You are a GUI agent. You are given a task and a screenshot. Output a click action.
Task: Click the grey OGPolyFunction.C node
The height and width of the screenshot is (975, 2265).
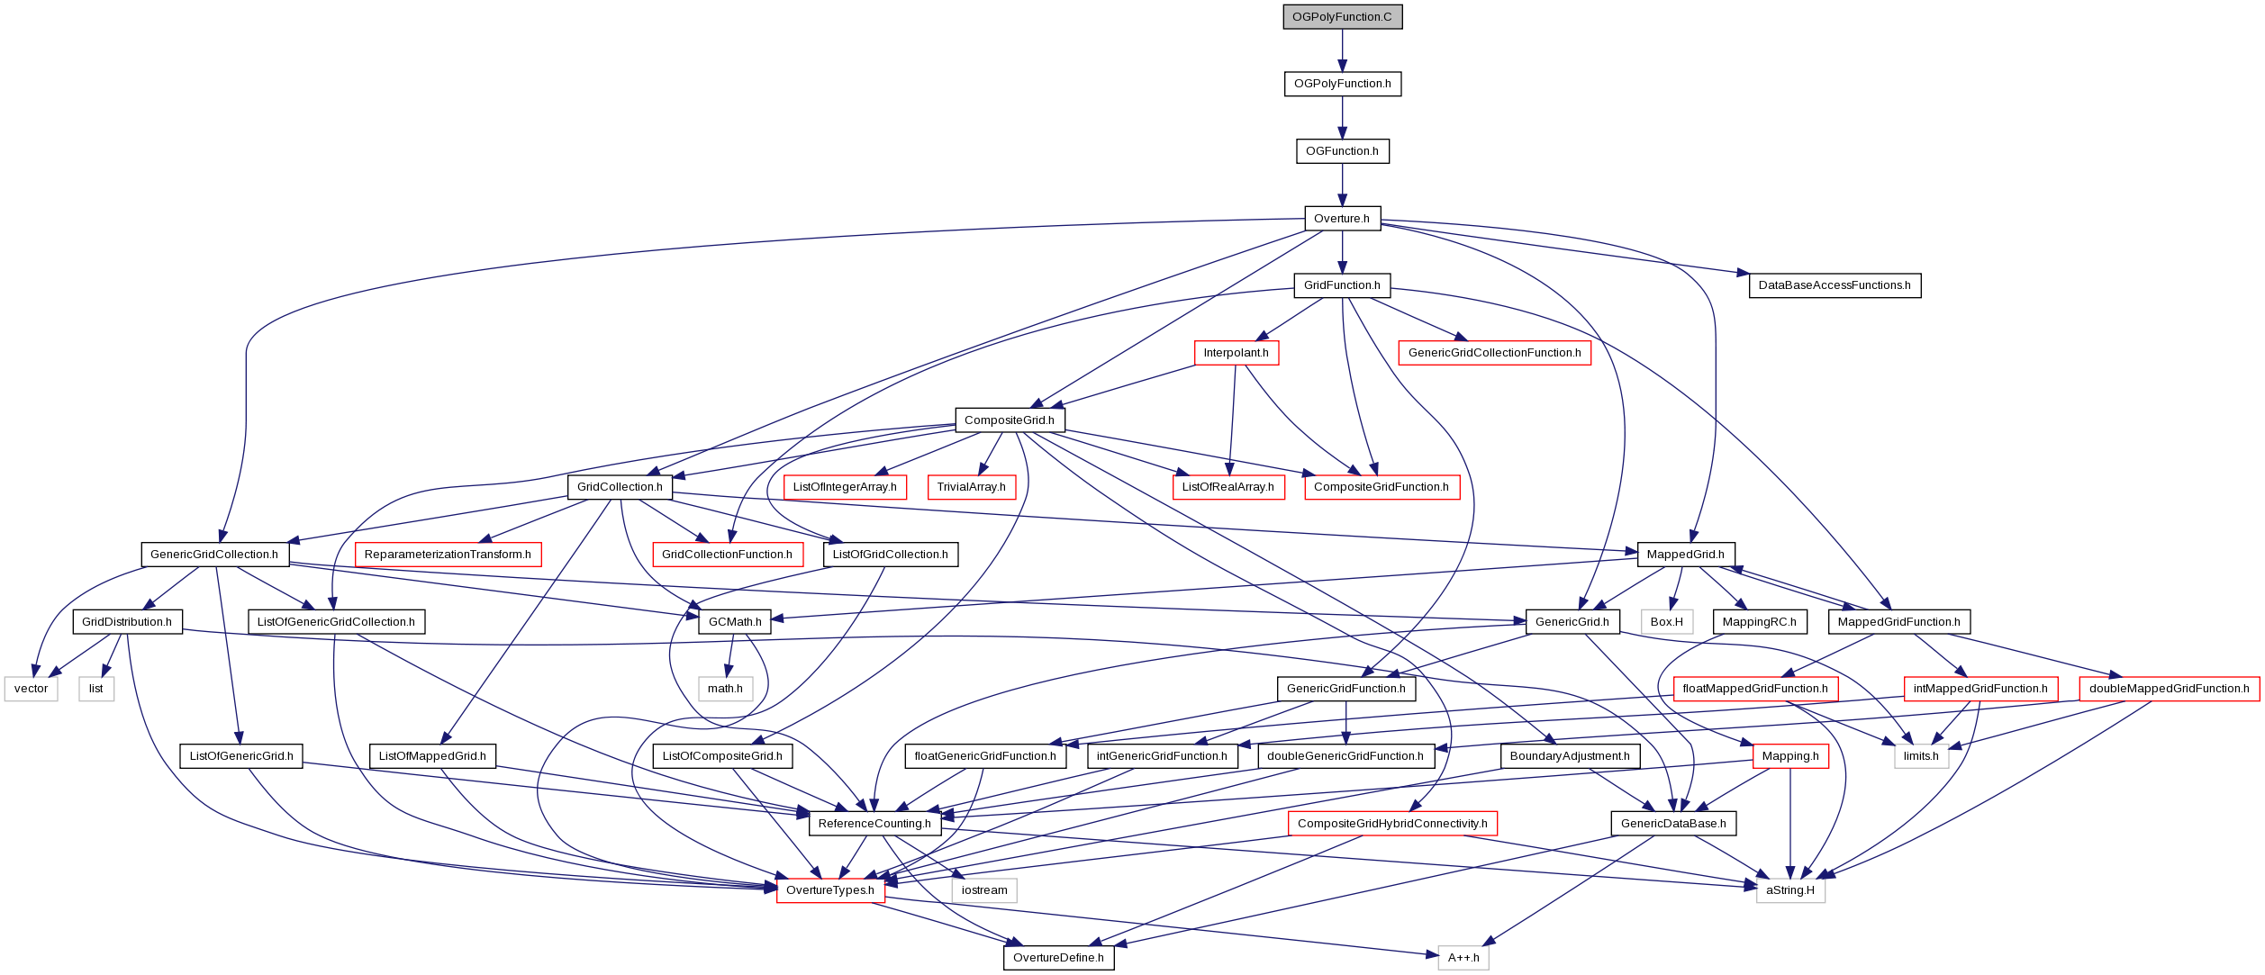point(1342,17)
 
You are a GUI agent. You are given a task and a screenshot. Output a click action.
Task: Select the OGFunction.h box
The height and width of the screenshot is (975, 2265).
point(1342,151)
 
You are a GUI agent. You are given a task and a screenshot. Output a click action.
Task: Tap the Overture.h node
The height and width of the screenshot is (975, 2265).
point(1342,219)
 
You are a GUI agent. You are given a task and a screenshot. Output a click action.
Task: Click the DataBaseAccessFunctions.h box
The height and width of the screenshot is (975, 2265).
point(1835,285)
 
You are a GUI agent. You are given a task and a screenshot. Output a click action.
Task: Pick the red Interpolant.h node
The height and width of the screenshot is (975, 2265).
point(1236,353)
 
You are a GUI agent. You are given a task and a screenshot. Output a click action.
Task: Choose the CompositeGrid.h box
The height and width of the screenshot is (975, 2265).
point(1010,420)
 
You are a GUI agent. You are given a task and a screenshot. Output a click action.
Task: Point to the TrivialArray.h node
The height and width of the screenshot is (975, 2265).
point(971,487)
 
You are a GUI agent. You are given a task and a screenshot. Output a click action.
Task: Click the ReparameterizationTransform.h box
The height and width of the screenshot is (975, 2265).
point(448,555)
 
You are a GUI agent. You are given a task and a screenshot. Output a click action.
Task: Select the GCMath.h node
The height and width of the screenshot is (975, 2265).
point(735,622)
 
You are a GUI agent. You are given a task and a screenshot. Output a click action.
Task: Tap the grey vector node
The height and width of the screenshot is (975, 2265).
point(32,689)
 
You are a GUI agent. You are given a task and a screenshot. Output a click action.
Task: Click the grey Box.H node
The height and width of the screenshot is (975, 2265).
point(1667,622)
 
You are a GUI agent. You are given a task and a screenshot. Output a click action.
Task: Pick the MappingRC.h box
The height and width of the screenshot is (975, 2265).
point(1759,622)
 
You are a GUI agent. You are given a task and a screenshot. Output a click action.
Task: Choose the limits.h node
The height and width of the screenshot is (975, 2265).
point(1921,756)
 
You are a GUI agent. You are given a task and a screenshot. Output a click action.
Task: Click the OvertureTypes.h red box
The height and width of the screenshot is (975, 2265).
point(830,890)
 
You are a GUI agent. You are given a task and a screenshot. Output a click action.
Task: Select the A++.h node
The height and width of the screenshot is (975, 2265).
point(1463,958)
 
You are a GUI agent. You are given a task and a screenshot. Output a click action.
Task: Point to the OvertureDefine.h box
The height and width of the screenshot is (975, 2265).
point(1058,958)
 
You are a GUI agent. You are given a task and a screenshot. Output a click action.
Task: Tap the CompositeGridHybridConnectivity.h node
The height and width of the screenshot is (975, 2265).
point(1392,824)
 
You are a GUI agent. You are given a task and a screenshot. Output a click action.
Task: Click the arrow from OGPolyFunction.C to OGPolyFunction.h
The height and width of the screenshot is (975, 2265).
point(1342,50)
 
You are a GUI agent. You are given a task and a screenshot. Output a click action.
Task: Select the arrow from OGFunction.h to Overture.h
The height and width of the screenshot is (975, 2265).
point(1342,185)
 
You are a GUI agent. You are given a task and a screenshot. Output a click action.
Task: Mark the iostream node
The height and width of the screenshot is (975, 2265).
point(984,890)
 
